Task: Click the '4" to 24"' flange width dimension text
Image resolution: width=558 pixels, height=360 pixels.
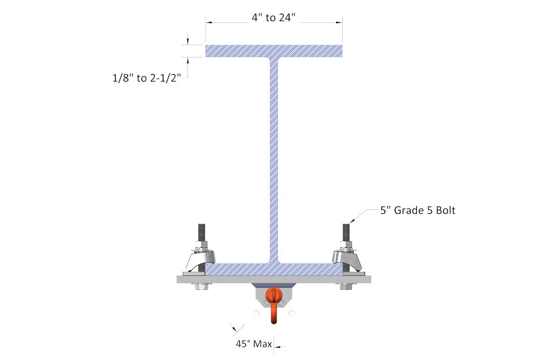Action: pyautogui.click(x=273, y=18)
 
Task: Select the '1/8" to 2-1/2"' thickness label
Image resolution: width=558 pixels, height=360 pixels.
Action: pyautogui.click(x=146, y=78)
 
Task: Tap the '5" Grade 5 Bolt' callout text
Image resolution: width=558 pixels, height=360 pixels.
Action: pyautogui.click(x=417, y=210)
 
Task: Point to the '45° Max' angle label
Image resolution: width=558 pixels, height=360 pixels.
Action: pyautogui.click(x=253, y=344)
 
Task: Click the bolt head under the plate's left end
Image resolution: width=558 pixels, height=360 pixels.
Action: pyautogui.click(x=201, y=286)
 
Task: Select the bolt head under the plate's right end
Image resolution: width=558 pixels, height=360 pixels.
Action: pyautogui.click(x=346, y=286)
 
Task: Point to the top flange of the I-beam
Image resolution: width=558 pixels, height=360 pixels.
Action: pyautogui.click(x=273, y=51)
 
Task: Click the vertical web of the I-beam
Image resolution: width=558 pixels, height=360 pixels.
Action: pyautogui.click(x=273, y=156)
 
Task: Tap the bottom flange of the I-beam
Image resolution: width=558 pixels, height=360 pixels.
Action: pyautogui.click(x=273, y=270)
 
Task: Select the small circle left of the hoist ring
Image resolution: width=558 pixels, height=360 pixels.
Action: pyautogui.click(x=255, y=314)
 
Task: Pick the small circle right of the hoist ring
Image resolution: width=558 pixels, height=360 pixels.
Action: pyautogui.click(x=292, y=314)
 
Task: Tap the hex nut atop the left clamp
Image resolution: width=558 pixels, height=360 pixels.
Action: pyautogui.click(x=201, y=246)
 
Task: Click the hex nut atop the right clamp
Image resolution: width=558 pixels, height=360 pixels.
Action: pyautogui.click(x=346, y=246)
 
